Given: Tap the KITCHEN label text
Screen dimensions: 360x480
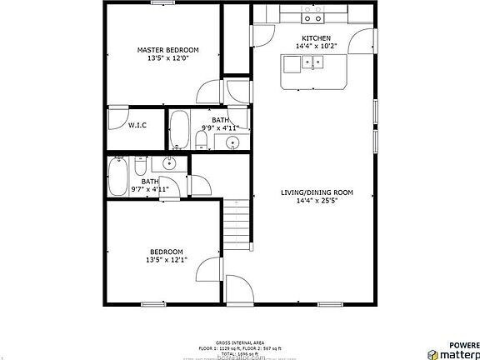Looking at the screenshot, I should [x=316, y=39].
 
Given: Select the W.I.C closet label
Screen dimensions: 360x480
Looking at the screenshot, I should [x=137, y=125].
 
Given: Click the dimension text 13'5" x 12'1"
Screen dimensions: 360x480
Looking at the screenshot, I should [x=166, y=260].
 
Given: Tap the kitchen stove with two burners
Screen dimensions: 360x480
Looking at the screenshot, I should [x=313, y=15].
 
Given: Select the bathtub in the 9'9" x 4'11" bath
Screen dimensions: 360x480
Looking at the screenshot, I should [x=179, y=132].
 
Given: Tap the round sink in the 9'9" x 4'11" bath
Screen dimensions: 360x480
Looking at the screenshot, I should [x=232, y=142].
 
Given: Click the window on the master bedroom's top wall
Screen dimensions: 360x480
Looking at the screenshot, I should [x=163, y=4].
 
